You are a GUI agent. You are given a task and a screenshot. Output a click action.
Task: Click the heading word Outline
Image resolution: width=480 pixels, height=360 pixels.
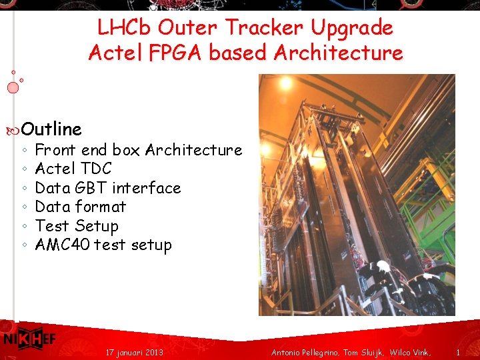coord(51,129)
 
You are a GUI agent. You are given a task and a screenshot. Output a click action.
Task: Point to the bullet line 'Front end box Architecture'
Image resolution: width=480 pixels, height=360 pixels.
coord(138,150)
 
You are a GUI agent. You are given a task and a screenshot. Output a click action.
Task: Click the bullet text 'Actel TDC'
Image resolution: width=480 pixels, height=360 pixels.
coord(73,169)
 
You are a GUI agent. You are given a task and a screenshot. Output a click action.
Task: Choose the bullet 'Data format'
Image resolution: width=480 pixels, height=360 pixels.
coord(80,207)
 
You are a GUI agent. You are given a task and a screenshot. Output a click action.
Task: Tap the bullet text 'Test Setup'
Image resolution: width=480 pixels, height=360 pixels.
coord(77,226)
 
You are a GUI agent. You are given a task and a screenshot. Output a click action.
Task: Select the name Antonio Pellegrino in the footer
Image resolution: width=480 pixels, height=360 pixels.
coord(305,351)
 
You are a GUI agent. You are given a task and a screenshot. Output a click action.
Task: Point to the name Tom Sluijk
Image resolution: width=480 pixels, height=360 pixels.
coord(363,351)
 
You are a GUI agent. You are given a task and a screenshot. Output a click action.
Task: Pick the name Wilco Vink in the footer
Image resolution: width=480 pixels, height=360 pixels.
coord(410,351)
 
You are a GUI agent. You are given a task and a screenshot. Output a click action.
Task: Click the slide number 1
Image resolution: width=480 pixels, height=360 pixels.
coord(458,351)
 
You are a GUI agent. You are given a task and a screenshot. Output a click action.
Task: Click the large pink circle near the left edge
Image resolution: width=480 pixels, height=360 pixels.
coord(13,87)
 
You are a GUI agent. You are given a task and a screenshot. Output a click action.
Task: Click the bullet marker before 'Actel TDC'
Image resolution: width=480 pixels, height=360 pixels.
coord(24,169)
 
